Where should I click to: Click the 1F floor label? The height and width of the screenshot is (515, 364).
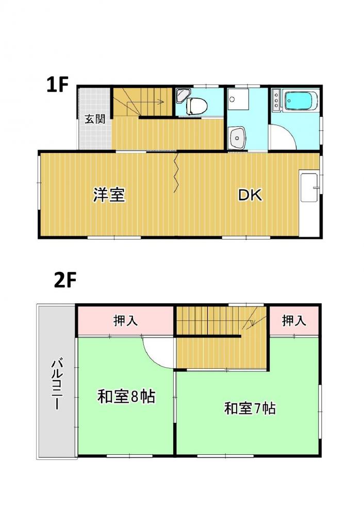(x=57, y=85)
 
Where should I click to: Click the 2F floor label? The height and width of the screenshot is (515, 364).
(x=65, y=281)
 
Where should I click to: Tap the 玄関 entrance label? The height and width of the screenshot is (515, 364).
(x=95, y=119)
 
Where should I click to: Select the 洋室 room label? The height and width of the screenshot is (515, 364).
(x=109, y=195)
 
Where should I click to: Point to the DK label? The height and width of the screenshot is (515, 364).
(x=250, y=195)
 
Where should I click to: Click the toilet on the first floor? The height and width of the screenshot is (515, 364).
(x=196, y=105)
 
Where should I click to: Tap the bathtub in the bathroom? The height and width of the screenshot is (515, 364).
(x=301, y=100)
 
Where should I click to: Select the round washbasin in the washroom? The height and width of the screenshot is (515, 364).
(x=237, y=138)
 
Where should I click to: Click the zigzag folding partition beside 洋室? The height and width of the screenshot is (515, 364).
(x=176, y=172)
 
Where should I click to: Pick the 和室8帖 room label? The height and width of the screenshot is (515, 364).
(x=126, y=397)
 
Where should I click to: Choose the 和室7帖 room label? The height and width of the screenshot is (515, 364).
(x=250, y=408)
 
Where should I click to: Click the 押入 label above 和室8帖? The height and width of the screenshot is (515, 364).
(x=125, y=320)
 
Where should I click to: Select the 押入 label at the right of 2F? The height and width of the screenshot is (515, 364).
(x=294, y=320)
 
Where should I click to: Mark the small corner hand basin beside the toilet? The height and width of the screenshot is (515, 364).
(x=181, y=95)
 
